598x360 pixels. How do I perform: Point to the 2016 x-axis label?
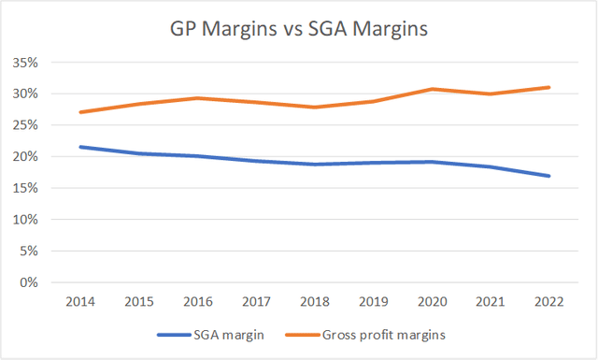(x=198, y=301)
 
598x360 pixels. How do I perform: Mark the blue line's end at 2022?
(x=549, y=176)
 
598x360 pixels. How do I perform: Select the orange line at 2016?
(x=198, y=98)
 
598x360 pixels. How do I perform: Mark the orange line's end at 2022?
(x=549, y=87)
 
